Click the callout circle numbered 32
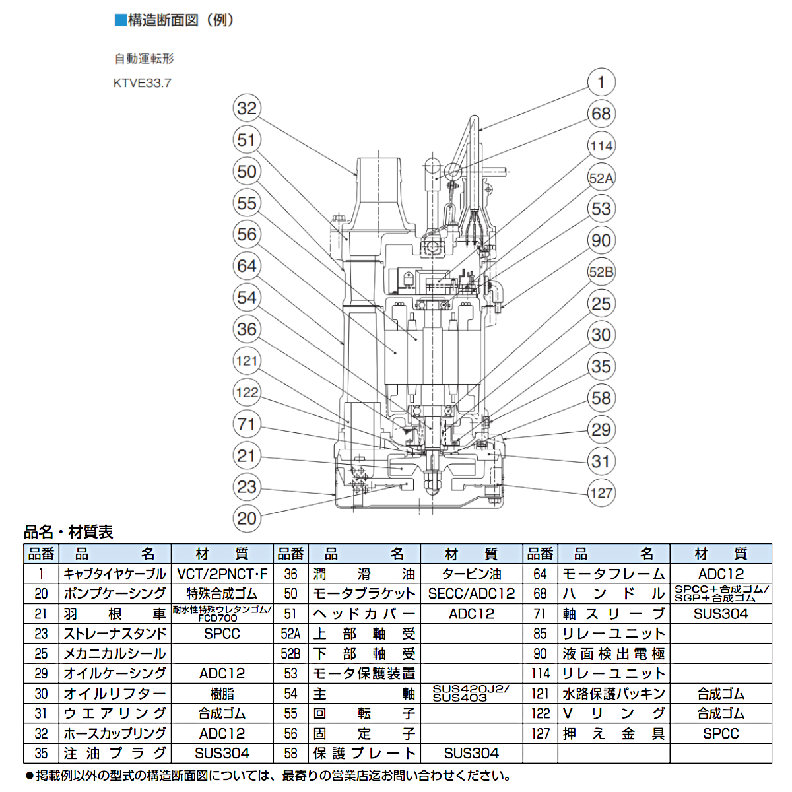pyautogui.click(x=246, y=108)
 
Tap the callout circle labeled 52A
pyautogui.click(x=601, y=178)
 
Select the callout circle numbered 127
pyautogui.click(x=601, y=492)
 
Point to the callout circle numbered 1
pyautogui.click(x=601, y=82)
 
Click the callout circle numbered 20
pyautogui.click(x=246, y=519)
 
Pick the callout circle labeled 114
pyautogui.click(x=601, y=146)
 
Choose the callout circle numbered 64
pyautogui.click(x=246, y=266)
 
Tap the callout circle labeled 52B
pyautogui.click(x=601, y=272)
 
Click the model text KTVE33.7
pyautogui.click(x=143, y=83)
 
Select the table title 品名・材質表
pyautogui.click(x=69, y=532)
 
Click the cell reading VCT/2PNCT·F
pyautogui.click(x=222, y=574)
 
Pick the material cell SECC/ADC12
pyautogui.click(x=471, y=593)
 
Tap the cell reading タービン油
pyautogui.click(x=471, y=574)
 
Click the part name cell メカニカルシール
pyautogui.click(x=115, y=653)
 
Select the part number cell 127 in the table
pyautogui.click(x=540, y=733)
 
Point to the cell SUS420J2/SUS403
pyautogui.click(x=471, y=693)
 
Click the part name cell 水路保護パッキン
pyautogui.click(x=613, y=694)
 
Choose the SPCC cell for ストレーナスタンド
pyautogui.click(x=222, y=634)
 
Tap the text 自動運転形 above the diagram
pyautogui.click(x=145, y=59)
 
